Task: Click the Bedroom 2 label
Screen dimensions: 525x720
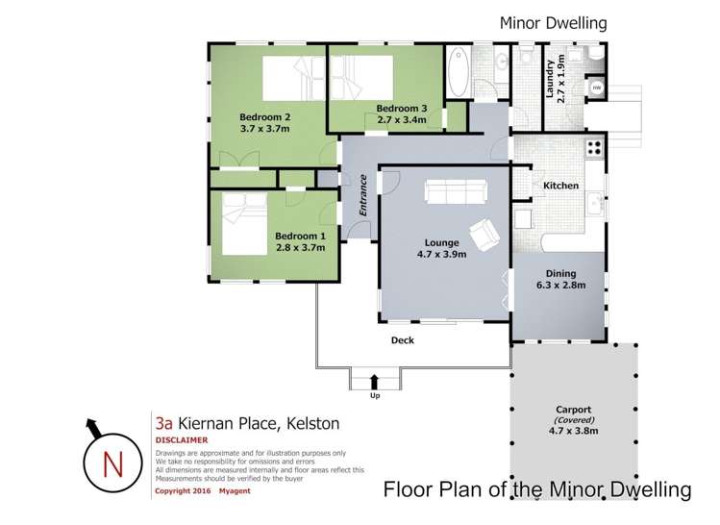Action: point(264,117)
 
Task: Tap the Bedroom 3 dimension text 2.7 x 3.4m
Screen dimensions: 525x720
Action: point(408,120)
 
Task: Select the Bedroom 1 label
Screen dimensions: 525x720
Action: point(300,236)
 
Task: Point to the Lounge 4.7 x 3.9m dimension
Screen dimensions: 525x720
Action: point(443,254)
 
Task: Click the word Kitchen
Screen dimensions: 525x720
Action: point(560,186)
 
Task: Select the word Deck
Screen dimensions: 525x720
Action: point(402,339)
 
